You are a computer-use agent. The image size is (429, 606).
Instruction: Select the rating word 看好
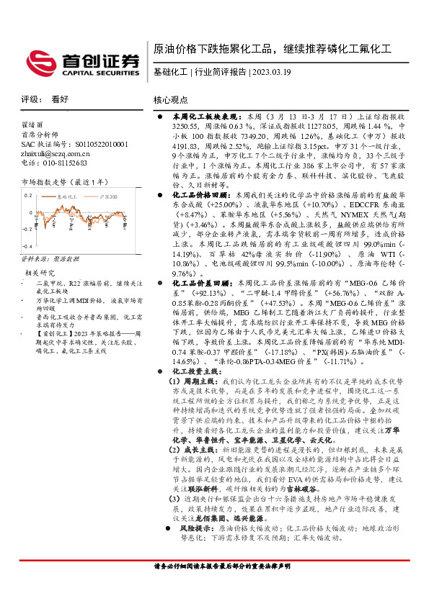coord(60,100)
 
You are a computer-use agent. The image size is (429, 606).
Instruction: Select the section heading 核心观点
coord(171,100)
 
